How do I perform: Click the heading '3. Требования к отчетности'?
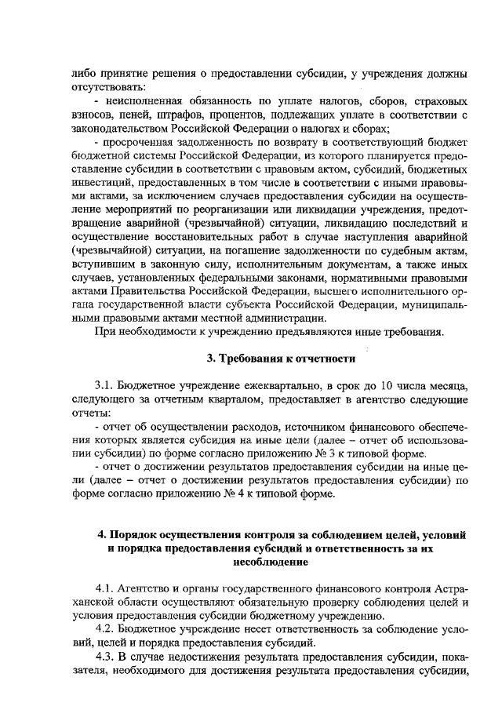pyautogui.click(x=281, y=359)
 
